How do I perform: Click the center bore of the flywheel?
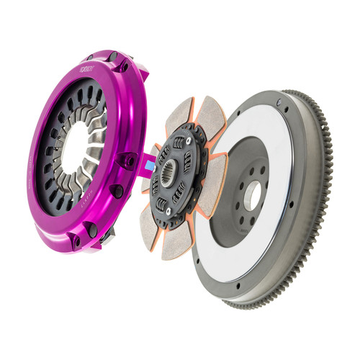point(253,194)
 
